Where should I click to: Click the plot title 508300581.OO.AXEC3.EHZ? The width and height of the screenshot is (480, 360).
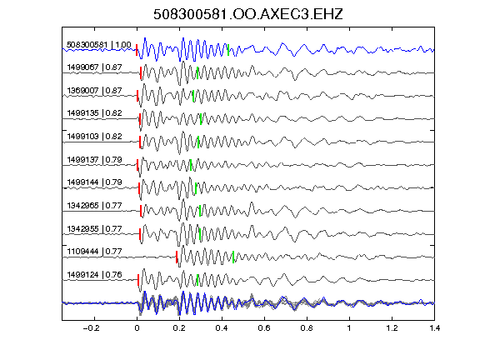[248, 14]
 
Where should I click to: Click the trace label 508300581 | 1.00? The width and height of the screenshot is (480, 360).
[99, 45]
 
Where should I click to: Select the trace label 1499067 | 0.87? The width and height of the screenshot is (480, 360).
[94, 67]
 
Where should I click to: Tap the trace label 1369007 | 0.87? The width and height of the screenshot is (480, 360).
[94, 91]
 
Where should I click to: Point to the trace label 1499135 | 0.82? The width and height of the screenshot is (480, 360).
[94, 113]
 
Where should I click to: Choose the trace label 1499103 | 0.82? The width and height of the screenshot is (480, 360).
[94, 137]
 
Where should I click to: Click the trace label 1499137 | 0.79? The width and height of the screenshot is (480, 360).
[94, 160]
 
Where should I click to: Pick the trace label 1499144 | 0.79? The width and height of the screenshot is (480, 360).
[94, 182]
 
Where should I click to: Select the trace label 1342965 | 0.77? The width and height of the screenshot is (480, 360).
[94, 206]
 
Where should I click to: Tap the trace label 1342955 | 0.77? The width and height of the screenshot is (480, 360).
[94, 229]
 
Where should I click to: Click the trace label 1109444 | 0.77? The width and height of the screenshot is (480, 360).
[94, 252]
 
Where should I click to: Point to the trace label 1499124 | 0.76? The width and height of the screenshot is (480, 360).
[94, 275]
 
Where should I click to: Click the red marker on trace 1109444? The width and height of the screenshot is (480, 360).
[177, 257]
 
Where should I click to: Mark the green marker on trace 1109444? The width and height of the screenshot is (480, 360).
[233, 257]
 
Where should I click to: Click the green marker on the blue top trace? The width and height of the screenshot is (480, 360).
[228, 50]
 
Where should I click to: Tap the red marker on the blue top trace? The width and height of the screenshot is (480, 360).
[137, 50]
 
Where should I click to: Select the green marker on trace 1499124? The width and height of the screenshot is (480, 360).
[197, 280]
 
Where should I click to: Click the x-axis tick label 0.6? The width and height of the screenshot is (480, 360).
[264, 328]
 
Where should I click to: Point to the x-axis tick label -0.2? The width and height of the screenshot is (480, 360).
[91, 328]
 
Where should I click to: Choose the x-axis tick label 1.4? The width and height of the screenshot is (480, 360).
[434, 328]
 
